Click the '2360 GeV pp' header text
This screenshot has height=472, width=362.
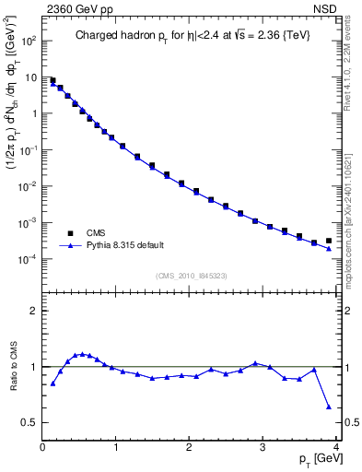73,10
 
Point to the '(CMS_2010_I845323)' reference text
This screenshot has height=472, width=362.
191,275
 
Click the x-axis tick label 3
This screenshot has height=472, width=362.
263,448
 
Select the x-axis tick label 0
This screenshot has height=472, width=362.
42,448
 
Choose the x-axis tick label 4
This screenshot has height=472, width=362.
337,448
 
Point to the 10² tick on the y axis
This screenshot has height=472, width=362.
28,41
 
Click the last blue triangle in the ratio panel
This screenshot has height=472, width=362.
329,407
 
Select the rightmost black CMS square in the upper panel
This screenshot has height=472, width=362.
329,241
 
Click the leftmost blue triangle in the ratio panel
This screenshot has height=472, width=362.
53,383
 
